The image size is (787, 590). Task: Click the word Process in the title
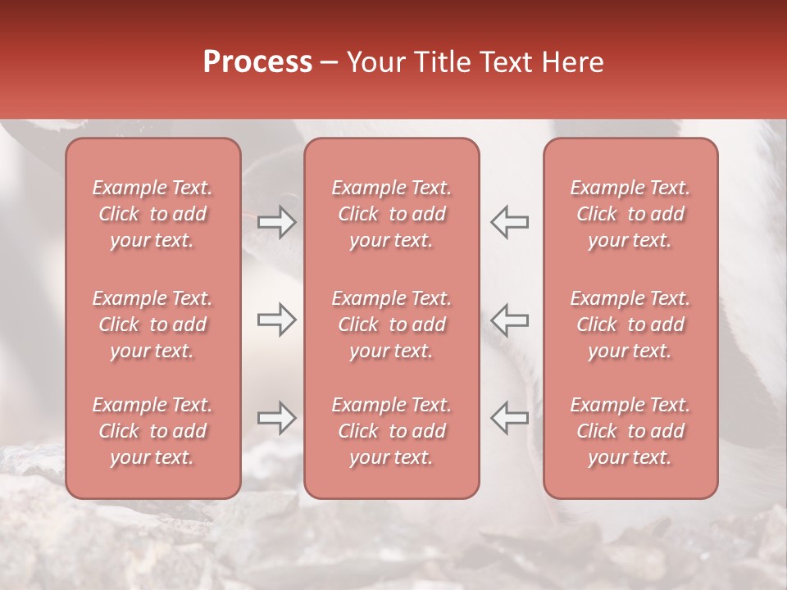pos(257,62)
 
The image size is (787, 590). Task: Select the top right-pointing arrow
pos(277,222)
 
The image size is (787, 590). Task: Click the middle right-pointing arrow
pos(277,320)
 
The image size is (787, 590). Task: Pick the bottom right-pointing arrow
pos(277,418)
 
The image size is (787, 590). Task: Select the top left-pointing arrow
pos(509,222)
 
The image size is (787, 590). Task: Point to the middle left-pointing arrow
pos(509,320)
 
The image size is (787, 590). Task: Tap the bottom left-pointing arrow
pos(509,418)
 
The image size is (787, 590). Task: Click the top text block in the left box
pos(152,214)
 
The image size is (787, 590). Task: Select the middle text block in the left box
pos(152,324)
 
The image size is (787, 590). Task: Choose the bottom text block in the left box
pos(152,431)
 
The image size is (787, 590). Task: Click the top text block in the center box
pos(391,214)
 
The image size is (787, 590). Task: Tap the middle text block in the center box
pos(391,324)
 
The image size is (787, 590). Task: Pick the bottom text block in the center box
pos(391,431)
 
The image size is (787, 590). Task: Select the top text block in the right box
pos(630,214)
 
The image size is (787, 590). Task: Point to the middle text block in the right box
pos(630,324)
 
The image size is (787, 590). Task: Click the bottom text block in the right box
pos(630,431)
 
